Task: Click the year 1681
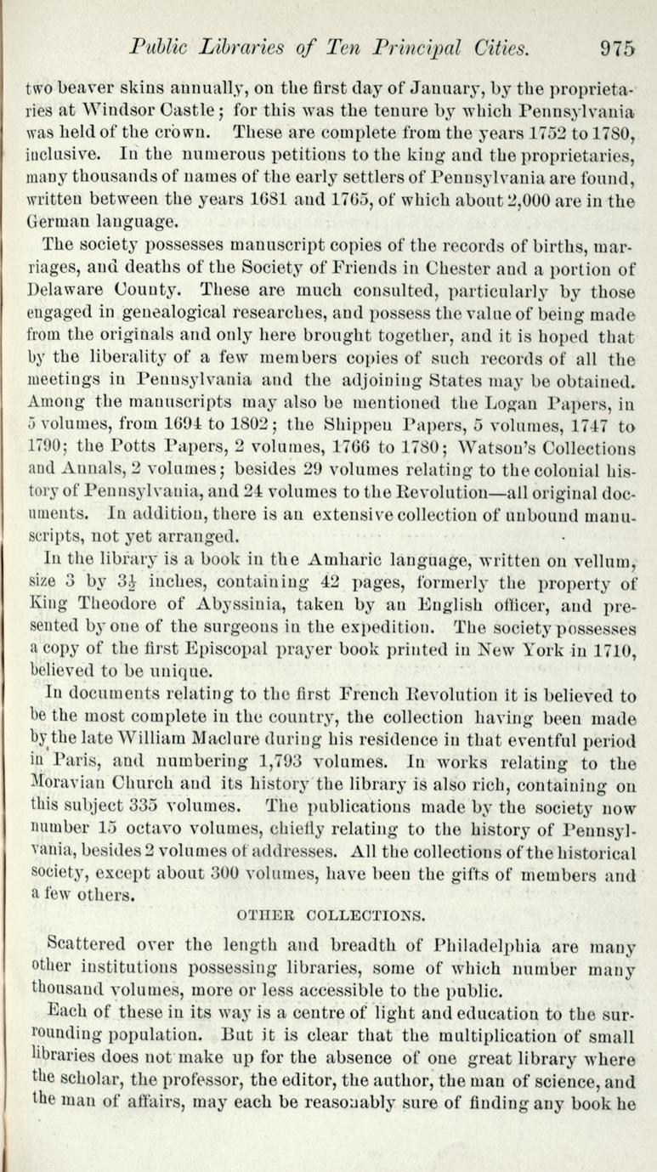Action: [275, 201]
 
